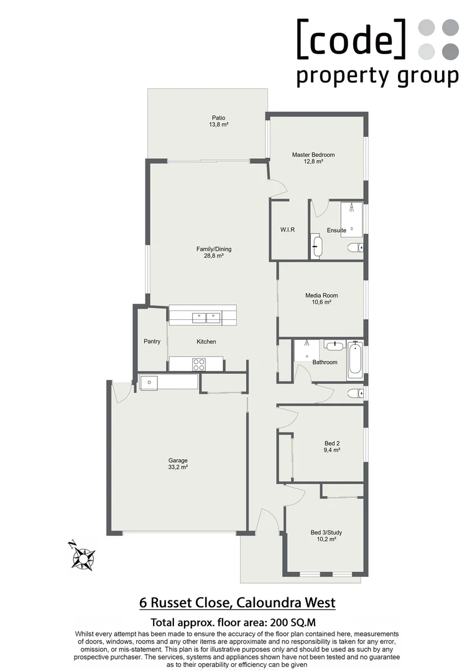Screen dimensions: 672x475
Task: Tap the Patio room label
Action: (x=218, y=118)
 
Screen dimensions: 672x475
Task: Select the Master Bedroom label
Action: (x=313, y=155)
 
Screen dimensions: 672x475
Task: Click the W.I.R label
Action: (x=287, y=230)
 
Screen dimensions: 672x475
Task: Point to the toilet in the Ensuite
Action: (x=355, y=248)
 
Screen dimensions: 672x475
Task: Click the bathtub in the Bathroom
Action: (x=355, y=360)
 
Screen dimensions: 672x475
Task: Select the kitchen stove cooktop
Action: (x=198, y=364)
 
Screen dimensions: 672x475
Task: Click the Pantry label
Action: (x=152, y=341)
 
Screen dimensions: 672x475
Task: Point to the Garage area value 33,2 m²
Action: (x=178, y=467)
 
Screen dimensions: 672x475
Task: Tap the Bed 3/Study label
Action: (x=326, y=533)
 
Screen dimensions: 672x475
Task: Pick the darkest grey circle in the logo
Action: (x=451, y=50)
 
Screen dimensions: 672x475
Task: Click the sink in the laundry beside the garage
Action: (x=150, y=382)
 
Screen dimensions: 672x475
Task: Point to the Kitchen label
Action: (x=206, y=342)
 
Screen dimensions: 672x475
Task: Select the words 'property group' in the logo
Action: (x=377, y=77)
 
